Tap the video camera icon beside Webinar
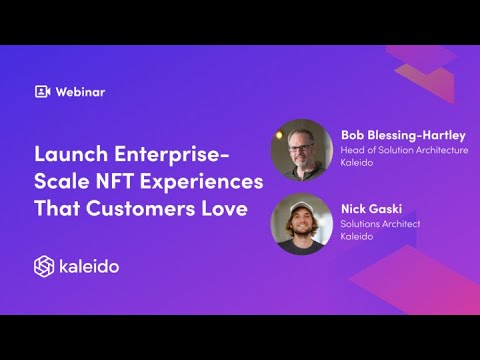tap(42, 92)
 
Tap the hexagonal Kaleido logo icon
tap(43, 266)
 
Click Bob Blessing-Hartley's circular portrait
tap(301, 149)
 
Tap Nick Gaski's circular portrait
tap(301, 224)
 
